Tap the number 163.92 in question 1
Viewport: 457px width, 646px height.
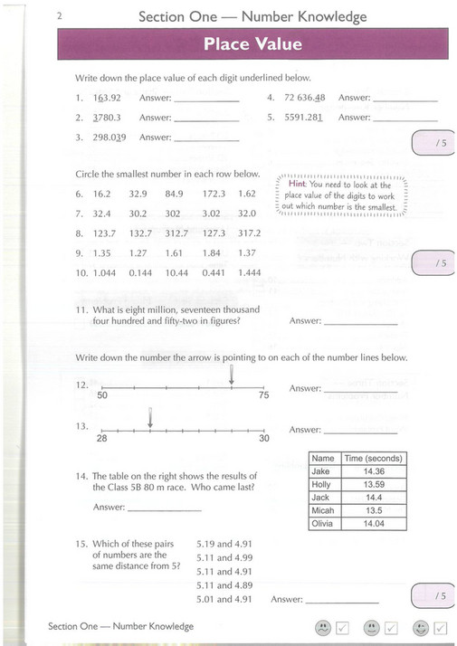(x=106, y=98)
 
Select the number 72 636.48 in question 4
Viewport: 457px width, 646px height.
(x=304, y=98)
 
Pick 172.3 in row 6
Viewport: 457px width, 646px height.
(x=214, y=194)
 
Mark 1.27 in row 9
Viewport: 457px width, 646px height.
(x=138, y=253)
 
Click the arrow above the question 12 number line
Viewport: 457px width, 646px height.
(x=233, y=374)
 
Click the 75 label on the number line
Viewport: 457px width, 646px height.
(x=263, y=395)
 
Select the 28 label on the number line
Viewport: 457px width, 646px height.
(x=101, y=439)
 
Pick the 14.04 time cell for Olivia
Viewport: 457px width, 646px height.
(x=374, y=523)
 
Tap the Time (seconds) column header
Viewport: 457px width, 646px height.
(x=374, y=459)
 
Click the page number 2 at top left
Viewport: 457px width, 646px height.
(x=59, y=16)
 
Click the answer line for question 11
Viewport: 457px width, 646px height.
(x=359, y=323)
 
